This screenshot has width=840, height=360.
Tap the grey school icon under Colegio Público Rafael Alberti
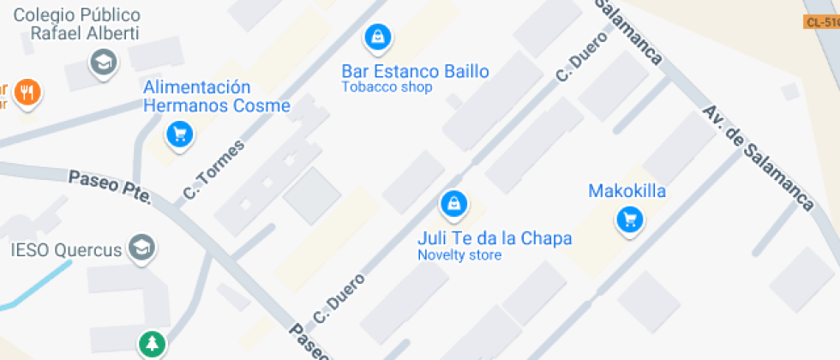(104, 62)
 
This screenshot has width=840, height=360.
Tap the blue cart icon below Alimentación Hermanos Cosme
(179, 134)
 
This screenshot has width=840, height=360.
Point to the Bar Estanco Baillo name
(415, 71)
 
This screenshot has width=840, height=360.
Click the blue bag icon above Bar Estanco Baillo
(376, 37)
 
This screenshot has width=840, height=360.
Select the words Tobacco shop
(387, 87)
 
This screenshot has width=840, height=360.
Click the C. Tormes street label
(213, 171)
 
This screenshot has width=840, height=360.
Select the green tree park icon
(152, 345)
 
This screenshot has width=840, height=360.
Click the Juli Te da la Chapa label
(494, 237)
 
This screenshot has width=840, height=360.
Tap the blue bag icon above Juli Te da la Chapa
(453, 203)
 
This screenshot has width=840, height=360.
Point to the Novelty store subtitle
(459, 255)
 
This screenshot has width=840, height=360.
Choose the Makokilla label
(627, 191)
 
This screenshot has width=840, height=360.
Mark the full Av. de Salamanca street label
(758, 158)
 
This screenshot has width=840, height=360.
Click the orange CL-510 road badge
(822, 21)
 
